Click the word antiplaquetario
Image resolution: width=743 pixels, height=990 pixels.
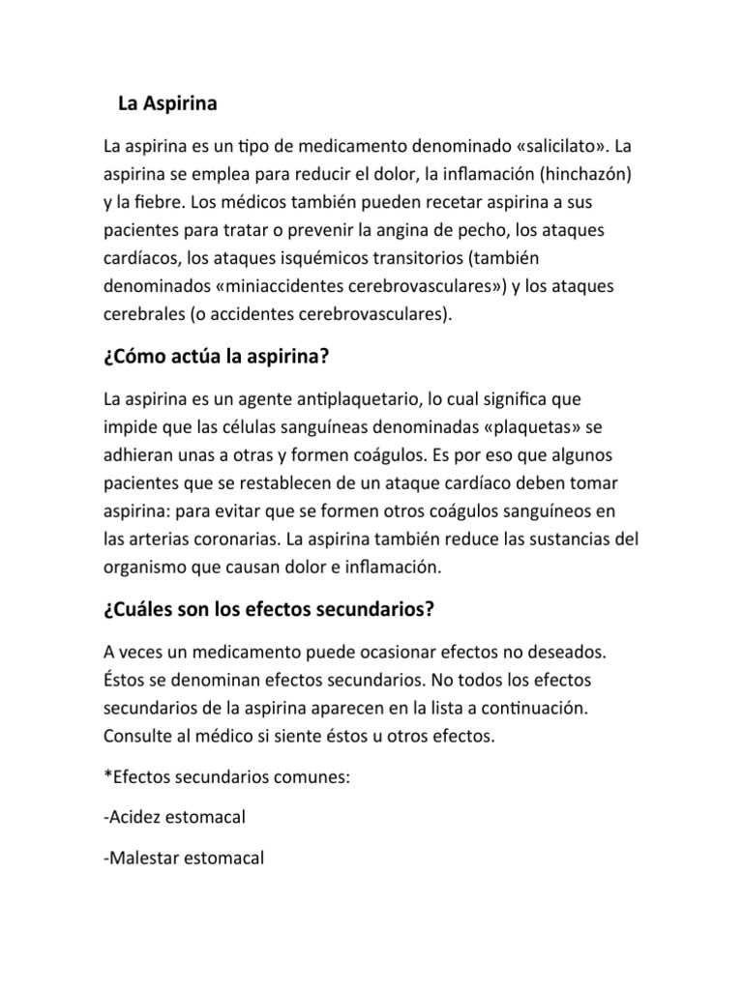pos(320,398)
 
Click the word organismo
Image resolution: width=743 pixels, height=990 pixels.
pos(147,568)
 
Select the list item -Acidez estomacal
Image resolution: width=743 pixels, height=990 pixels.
pos(173,817)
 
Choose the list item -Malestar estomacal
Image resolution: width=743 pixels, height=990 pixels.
pos(183,858)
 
